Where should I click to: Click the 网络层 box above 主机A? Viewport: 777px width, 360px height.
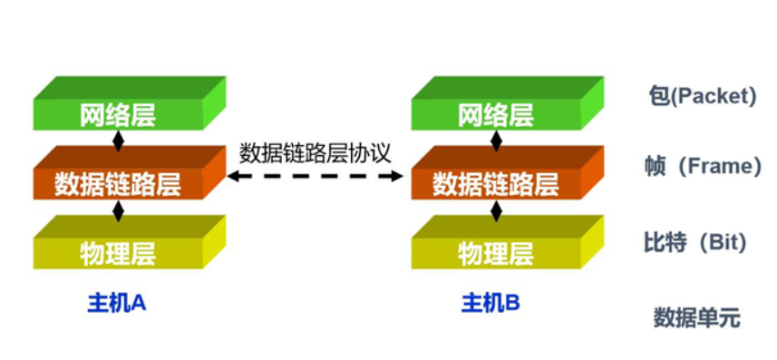118,114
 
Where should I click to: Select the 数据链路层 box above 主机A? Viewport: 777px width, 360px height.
118,184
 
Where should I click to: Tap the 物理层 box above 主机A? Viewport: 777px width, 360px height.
118,253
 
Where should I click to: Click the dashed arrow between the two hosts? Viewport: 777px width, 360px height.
315,178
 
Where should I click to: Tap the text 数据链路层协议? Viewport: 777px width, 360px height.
315,152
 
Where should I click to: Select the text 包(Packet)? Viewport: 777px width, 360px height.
702,96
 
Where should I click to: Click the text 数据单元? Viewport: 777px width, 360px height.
696,317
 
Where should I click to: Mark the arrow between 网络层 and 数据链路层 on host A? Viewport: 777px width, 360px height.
118,141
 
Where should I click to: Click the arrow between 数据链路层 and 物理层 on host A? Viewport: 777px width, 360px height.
118,211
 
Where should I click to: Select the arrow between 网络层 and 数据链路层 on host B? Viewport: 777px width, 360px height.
496,141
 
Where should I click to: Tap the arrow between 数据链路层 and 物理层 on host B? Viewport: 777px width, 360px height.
496,211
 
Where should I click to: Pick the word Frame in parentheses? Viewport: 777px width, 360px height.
725,167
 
